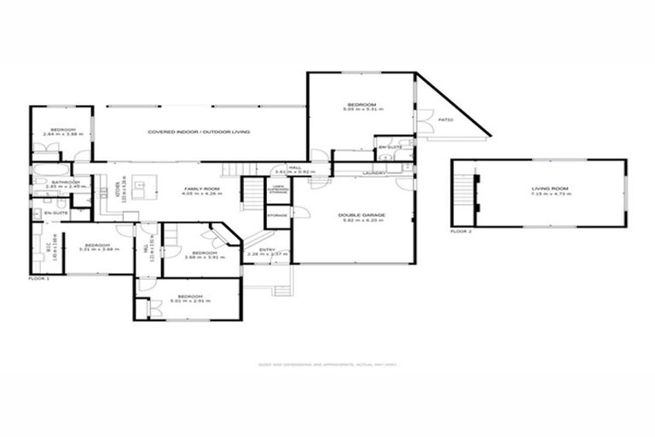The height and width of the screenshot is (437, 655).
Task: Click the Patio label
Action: point(444,120)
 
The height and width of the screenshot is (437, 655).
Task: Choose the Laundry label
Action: point(374,173)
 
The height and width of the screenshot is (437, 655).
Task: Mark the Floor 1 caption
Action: point(39,278)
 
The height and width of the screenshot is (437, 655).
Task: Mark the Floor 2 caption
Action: point(461,231)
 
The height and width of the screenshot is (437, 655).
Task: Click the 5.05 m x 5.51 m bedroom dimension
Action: point(362,110)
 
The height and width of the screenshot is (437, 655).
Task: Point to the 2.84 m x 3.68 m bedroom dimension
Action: point(60,134)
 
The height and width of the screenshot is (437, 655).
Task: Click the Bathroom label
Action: point(65,182)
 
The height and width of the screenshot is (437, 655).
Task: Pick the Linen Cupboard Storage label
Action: point(278,189)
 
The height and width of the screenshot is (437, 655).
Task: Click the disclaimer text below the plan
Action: point(327,364)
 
